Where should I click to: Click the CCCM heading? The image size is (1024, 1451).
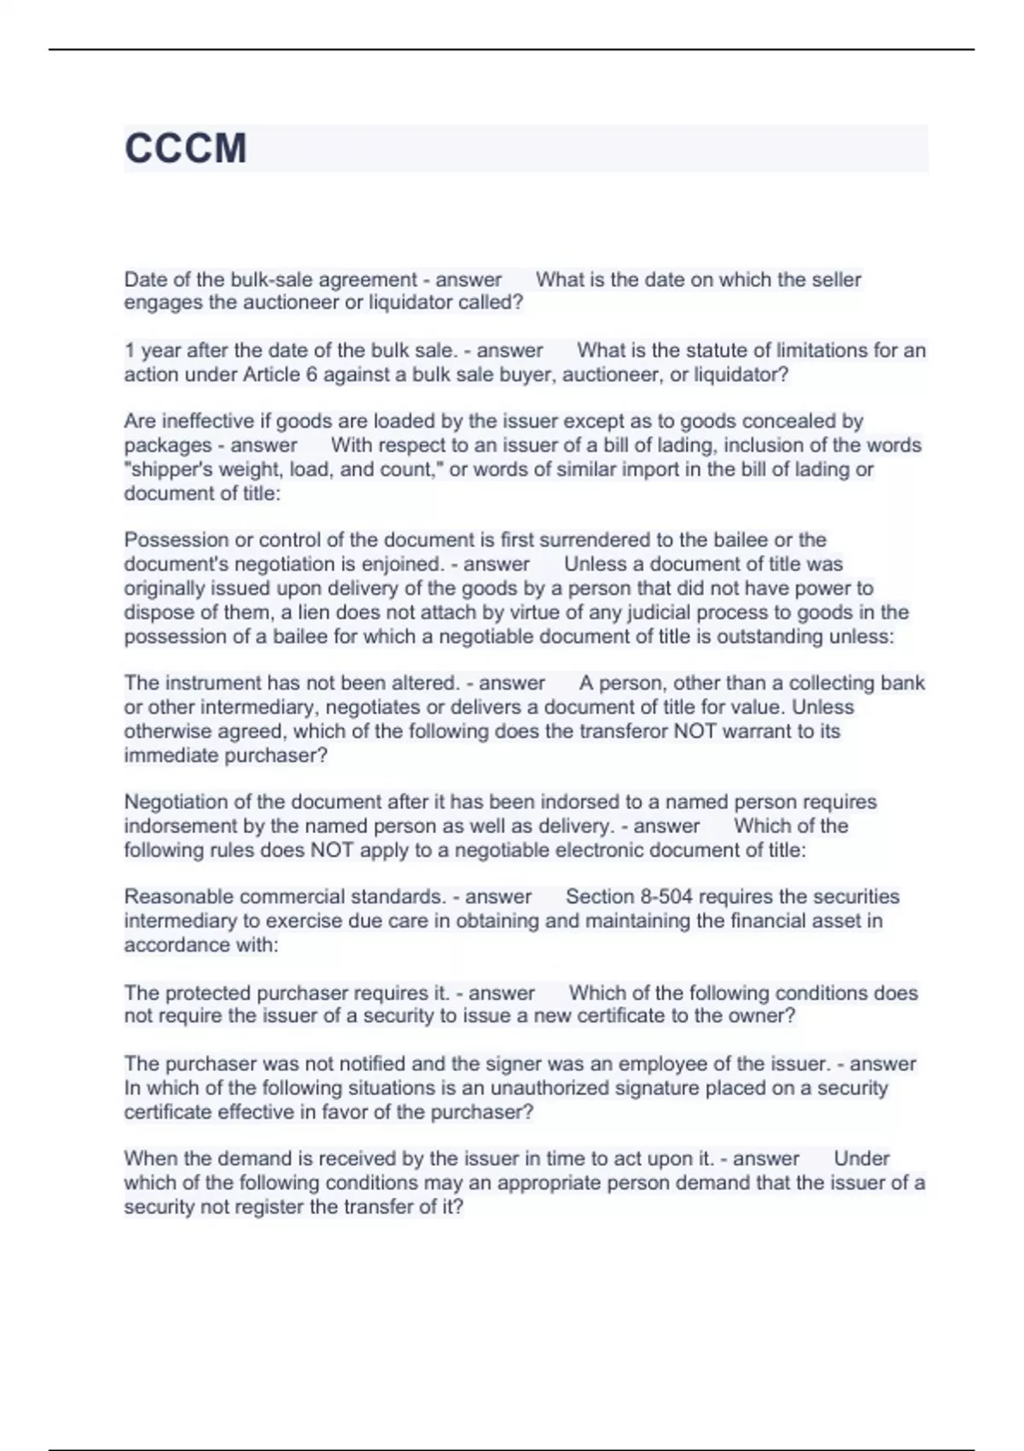pos(185,149)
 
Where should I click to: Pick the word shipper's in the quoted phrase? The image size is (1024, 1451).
pos(163,469)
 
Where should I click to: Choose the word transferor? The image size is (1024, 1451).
pos(623,731)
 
